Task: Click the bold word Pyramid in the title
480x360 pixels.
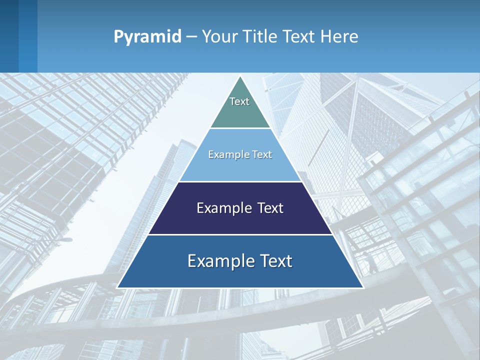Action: [x=147, y=36]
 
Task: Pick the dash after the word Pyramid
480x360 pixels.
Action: [x=191, y=37]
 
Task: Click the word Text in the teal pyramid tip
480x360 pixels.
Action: [x=239, y=101]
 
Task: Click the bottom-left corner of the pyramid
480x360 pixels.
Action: [x=117, y=287]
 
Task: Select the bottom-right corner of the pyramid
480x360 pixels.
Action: [x=363, y=287]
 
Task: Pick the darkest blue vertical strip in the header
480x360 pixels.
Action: [x=9, y=36]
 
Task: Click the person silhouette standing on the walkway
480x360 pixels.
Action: [x=371, y=262]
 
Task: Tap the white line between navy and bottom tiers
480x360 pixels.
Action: [x=240, y=234]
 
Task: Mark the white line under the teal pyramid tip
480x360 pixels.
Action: [x=240, y=128]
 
